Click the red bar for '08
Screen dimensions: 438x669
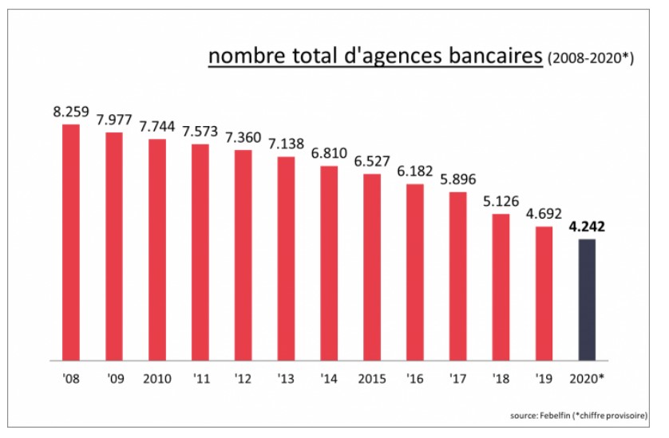click(71, 242)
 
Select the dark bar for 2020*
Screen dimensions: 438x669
click(586, 299)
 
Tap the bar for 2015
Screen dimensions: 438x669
click(372, 266)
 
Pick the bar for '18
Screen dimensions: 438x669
click(501, 286)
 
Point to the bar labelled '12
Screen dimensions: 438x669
click(243, 255)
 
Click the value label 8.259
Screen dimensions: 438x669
click(71, 111)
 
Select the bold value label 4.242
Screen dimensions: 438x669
click(586, 226)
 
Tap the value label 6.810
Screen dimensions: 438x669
click(328, 152)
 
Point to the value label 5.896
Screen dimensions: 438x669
click(457, 178)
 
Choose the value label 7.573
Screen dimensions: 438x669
click(200, 131)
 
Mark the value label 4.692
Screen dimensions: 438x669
click(544, 213)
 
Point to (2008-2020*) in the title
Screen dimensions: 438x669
click(590, 58)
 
